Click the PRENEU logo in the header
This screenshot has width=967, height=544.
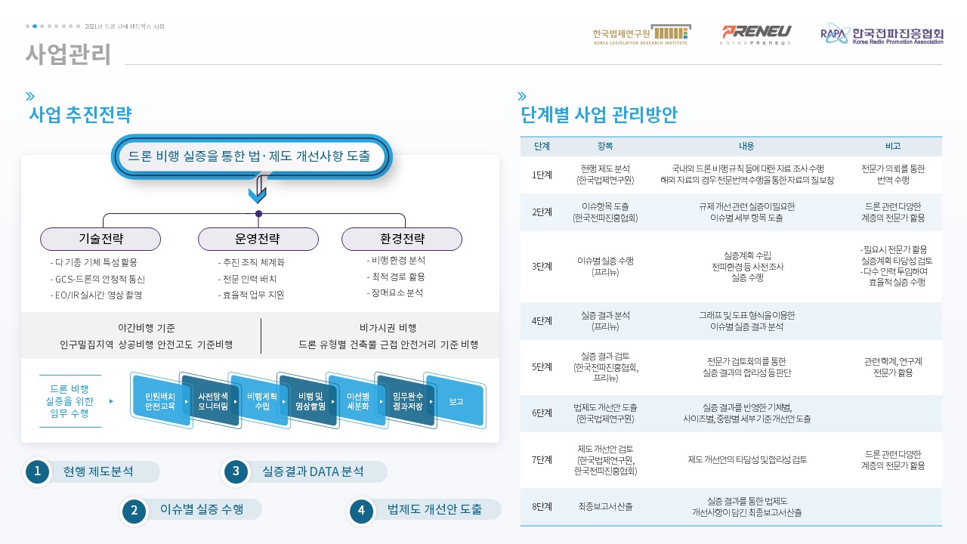pos(756,35)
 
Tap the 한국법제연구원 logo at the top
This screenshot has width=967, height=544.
pos(641,35)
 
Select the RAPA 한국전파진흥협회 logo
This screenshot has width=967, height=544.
pos(882,34)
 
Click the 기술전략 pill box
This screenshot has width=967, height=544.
pos(100,239)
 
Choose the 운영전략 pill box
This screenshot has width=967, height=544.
pos(258,239)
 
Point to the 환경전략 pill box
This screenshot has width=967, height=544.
pos(402,239)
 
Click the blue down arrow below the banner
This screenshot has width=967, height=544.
pos(258,189)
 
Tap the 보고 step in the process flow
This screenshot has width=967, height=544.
pos(456,401)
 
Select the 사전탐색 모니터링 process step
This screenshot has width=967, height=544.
pos(212,401)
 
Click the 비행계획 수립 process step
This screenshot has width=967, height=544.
pos(261,401)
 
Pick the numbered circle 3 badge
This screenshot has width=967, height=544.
pos(236,471)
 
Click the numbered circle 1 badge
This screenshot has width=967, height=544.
pos(38,471)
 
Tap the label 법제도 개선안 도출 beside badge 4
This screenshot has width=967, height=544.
pos(434,509)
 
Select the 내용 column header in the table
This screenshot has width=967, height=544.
pos(746,146)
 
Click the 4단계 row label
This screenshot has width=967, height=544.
pos(542,321)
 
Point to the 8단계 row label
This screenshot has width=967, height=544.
pos(542,506)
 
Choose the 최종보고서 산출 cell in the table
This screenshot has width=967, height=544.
pos(605,506)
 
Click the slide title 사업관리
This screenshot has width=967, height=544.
pos(68,54)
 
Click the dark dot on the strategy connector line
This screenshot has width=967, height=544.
pos(258,214)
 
